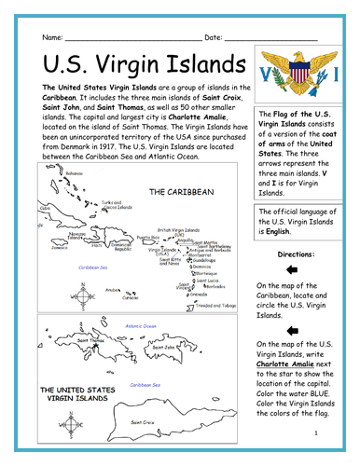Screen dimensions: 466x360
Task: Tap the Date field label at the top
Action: pyautogui.click(x=213, y=35)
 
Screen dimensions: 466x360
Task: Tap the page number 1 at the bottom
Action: pyautogui.click(x=319, y=432)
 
